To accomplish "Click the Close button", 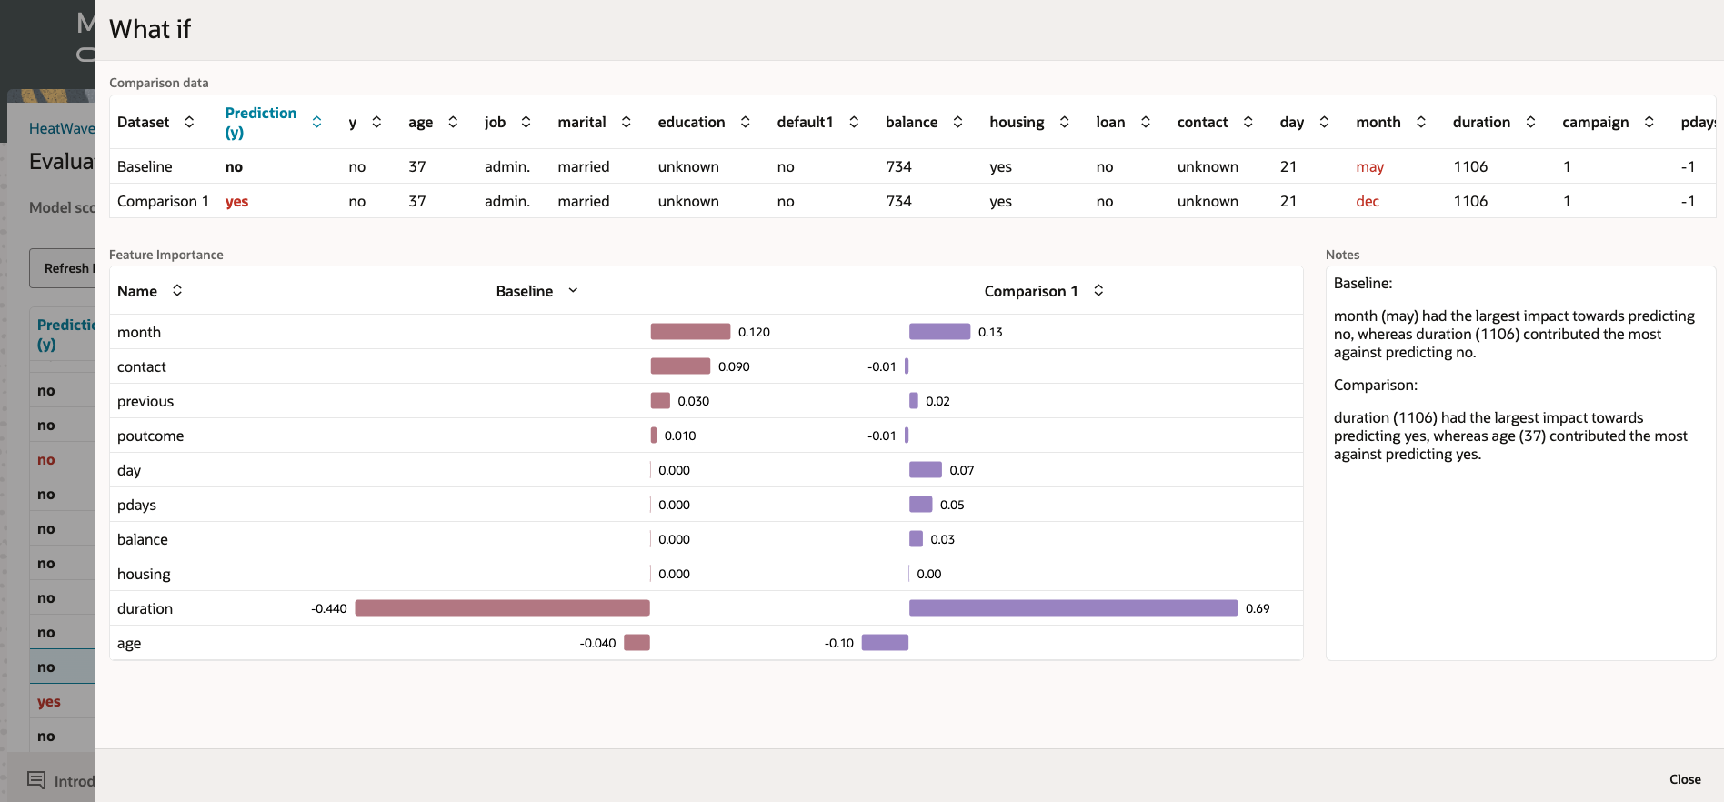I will click(x=1684, y=779).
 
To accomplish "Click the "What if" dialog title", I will click(x=150, y=30).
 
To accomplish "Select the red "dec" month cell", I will click(x=1367, y=202).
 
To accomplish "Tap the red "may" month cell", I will click(x=1369, y=167).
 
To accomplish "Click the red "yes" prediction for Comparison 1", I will click(x=236, y=202).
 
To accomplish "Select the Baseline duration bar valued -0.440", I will click(x=502, y=608).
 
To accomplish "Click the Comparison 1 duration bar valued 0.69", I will click(x=1073, y=608).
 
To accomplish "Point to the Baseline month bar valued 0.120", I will click(x=690, y=332).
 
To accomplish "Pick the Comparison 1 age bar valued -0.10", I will click(x=885, y=643).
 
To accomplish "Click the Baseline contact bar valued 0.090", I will click(x=680, y=366).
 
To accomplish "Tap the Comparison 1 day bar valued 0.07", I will click(x=925, y=470).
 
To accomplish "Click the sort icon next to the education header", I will click(x=746, y=122).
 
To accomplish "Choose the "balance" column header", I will click(x=911, y=123).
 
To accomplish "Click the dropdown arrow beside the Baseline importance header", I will click(x=573, y=291).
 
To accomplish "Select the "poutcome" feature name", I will click(x=151, y=436).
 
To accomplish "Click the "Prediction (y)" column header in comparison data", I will click(x=260, y=123).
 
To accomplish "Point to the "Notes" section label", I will click(x=1342, y=256).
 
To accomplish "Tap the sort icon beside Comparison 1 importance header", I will click(x=1098, y=291).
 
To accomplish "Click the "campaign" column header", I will click(x=1595, y=123).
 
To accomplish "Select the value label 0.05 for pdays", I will click(x=952, y=506).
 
